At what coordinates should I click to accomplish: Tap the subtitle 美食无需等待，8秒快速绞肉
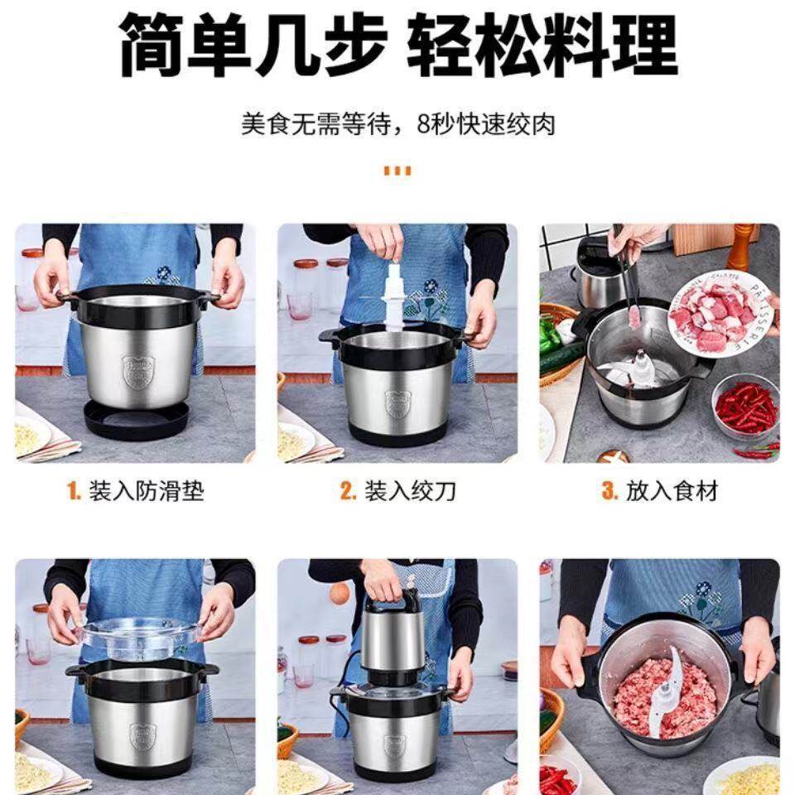[397, 124]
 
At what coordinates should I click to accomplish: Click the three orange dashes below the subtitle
[397, 171]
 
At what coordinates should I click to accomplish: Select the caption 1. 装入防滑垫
[135, 491]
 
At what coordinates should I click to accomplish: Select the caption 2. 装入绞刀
[397, 491]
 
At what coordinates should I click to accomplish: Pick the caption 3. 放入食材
[659, 491]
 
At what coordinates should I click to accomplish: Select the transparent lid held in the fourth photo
[139, 637]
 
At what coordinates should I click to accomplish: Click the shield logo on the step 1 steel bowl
[138, 373]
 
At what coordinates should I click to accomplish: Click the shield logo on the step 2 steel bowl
[397, 403]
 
